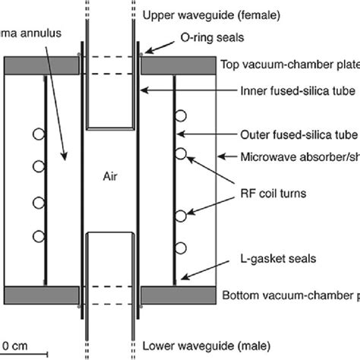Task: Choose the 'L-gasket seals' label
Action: pos(275,260)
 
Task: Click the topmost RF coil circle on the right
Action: pos(181,116)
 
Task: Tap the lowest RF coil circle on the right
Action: pos(181,248)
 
